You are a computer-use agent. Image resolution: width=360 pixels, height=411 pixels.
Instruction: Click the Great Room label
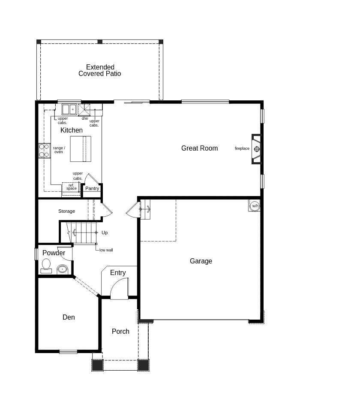[x=199, y=148]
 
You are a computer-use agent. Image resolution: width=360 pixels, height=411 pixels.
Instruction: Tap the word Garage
[x=201, y=261]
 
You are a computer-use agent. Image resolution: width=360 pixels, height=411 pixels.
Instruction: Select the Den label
[x=69, y=317]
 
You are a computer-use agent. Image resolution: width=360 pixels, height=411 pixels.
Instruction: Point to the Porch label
[x=120, y=331]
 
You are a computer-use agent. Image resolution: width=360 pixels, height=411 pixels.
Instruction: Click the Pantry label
[x=92, y=188]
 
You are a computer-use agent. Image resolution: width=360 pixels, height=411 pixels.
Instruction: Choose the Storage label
[x=66, y=211]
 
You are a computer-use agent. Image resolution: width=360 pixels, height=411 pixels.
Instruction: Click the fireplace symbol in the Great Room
[x=257, y=149]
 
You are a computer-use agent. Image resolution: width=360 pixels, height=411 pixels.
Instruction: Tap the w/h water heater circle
[x=255, y=206]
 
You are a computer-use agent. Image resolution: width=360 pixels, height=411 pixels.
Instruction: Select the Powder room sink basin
[x=62, y=269]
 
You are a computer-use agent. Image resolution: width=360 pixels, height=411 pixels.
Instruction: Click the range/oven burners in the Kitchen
[x=44, y=151]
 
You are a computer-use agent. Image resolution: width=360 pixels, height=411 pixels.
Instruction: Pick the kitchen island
[x=81, y=149]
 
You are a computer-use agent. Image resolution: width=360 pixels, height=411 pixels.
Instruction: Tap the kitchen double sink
[x=69, y=109]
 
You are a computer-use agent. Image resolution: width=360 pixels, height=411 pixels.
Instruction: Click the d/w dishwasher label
[x=85, y=118]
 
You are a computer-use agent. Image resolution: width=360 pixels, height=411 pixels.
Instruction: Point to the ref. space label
[x=71, y=187]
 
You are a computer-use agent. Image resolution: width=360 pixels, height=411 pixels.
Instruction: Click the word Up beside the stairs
[x=105, y=233]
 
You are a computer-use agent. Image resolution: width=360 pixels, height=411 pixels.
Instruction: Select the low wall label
[x=106, y=250]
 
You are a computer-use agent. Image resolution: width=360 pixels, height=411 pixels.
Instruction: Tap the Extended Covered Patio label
[x=100, y=70]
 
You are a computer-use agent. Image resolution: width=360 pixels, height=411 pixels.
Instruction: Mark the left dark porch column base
[x=97, y=365]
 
